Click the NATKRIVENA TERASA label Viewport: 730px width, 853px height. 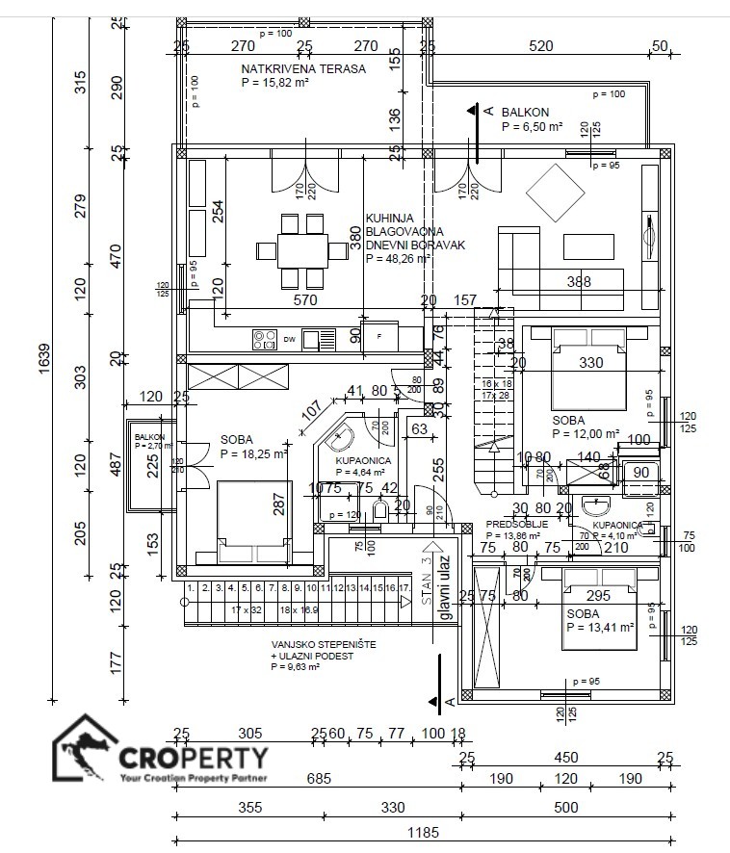click(303, 69)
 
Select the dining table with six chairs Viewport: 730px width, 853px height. click(301, 250)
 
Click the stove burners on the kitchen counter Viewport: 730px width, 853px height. click(265, 338)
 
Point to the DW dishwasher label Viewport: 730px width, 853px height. click(289, 339)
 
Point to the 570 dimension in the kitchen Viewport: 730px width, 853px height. click(305, 300)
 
